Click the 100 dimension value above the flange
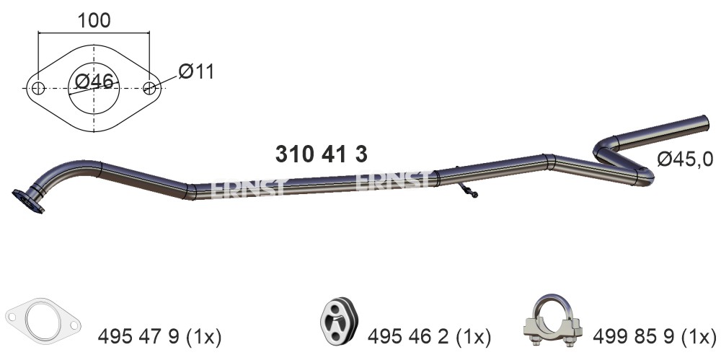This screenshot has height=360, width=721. pyautogui.click(x=94, y=20)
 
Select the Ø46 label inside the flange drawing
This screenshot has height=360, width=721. pyautogui.click(x=94, y=82)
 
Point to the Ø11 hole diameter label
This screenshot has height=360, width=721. pyautogui.click(x=196, y=71)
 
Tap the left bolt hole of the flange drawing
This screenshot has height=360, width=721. pyautogui.click(x=39, y=88)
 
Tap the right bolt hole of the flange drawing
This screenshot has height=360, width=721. pyautogui.click(x=149, y=88)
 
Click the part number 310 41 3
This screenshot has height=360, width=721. pyautogui.click(x=322, y=154)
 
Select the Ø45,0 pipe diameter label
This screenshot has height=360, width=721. pyautogui.click(x=685, y=159)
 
